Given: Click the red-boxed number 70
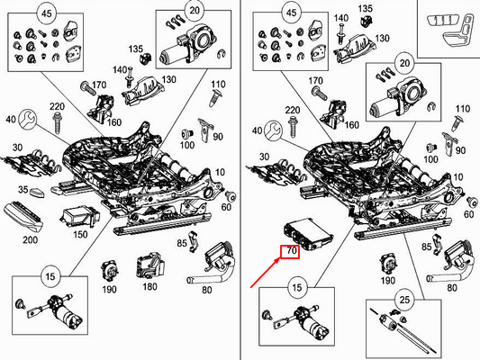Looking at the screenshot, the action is click(x=292, y=251).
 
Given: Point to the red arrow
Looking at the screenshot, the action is click(x=265, y=273).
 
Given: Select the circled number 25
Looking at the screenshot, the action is click(x=404, y=300).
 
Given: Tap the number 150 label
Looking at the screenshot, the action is click(x=80, y=235).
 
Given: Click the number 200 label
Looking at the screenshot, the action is click(x=30, y=239).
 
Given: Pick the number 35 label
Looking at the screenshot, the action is click(x=23, y=190).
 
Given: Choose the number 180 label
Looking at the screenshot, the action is click(x=149, y=286).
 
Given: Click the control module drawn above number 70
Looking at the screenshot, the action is click(x=308, y=234).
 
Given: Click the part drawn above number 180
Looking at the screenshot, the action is click(x=150, y=265).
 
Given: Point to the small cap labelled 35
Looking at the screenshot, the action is click(x=37, y=193).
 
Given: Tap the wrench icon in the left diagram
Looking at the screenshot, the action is click(x=28, y=120).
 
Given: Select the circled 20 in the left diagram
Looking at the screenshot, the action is click(x=195, y=11).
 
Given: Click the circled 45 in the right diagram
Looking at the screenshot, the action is click(x=291, y=13).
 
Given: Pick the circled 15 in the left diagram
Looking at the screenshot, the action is click(x=50, y=276).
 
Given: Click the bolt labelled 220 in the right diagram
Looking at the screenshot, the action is click(x=294, y=126).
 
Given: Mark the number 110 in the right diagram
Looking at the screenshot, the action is click(x=463, y=109).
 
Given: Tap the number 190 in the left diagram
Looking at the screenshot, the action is click(x=109, y=289).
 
